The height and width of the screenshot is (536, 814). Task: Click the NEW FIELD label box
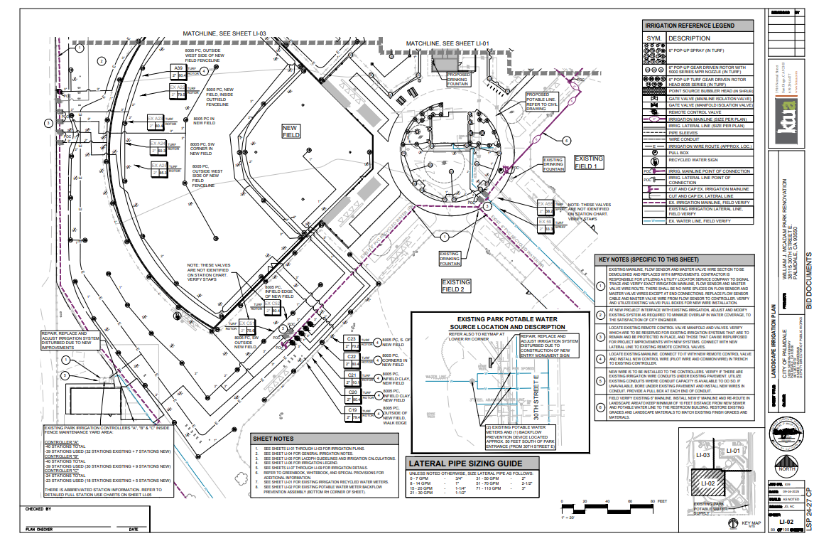click(291, 131)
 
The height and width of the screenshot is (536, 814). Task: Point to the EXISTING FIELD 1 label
click(589, 162)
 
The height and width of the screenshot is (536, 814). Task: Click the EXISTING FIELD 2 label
click(457, 286)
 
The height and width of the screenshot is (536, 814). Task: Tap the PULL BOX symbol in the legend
click(655, 152)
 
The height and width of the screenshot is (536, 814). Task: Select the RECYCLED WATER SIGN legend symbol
click(655, 161)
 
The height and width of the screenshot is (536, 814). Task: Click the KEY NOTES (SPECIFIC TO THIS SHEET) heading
click(649, 259)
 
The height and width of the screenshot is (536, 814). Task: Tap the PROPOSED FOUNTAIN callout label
click(458, 78)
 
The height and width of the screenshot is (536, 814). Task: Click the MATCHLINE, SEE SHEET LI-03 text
click(224, 33)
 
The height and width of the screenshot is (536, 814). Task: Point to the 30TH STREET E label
click(536, 392)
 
